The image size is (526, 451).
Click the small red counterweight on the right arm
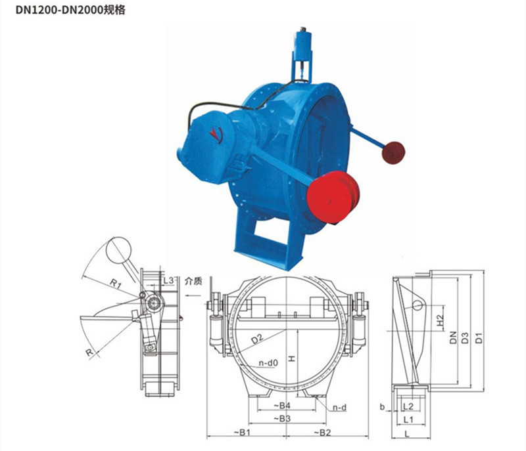[x=394, y=150]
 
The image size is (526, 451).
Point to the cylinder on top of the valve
[x=304, y=45]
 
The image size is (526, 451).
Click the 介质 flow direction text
[x=193, y=281]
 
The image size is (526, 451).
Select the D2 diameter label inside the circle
[x=256, y=339]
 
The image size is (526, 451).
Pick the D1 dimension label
[x=480, y=338]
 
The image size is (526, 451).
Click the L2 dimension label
[x=407, y=407]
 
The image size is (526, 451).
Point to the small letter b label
[x=382, y=408]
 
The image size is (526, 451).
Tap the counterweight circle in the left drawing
[x=120, y=249]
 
